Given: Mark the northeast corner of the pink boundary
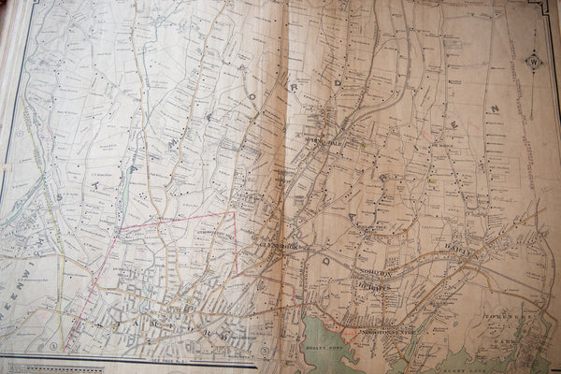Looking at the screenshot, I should click(x=234, y=212).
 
